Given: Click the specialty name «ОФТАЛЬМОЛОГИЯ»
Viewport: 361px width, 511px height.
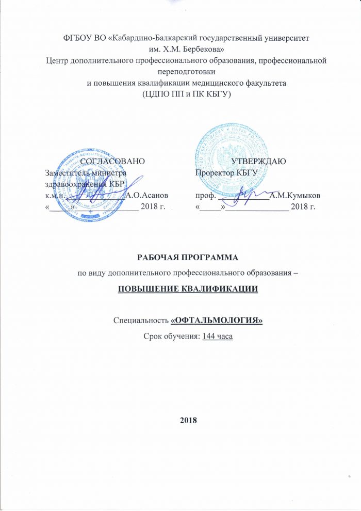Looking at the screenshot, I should pyautogui.click(x=217, y=321).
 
